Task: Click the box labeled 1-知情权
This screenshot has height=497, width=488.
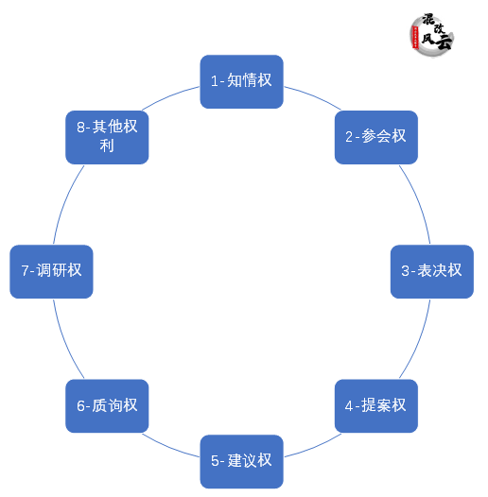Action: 241,81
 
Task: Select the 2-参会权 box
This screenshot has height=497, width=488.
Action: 376,136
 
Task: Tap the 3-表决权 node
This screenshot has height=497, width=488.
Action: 432,271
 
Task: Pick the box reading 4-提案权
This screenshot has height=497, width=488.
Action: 376,405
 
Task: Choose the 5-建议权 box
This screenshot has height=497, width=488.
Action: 241,461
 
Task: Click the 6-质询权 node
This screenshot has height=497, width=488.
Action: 107,405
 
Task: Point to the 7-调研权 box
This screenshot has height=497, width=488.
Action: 51,271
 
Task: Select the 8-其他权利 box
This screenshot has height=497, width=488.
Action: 107,136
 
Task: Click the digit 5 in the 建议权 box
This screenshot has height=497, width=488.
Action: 215,462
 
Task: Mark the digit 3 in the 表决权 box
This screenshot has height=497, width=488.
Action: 405,272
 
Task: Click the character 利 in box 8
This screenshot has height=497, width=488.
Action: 107,146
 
